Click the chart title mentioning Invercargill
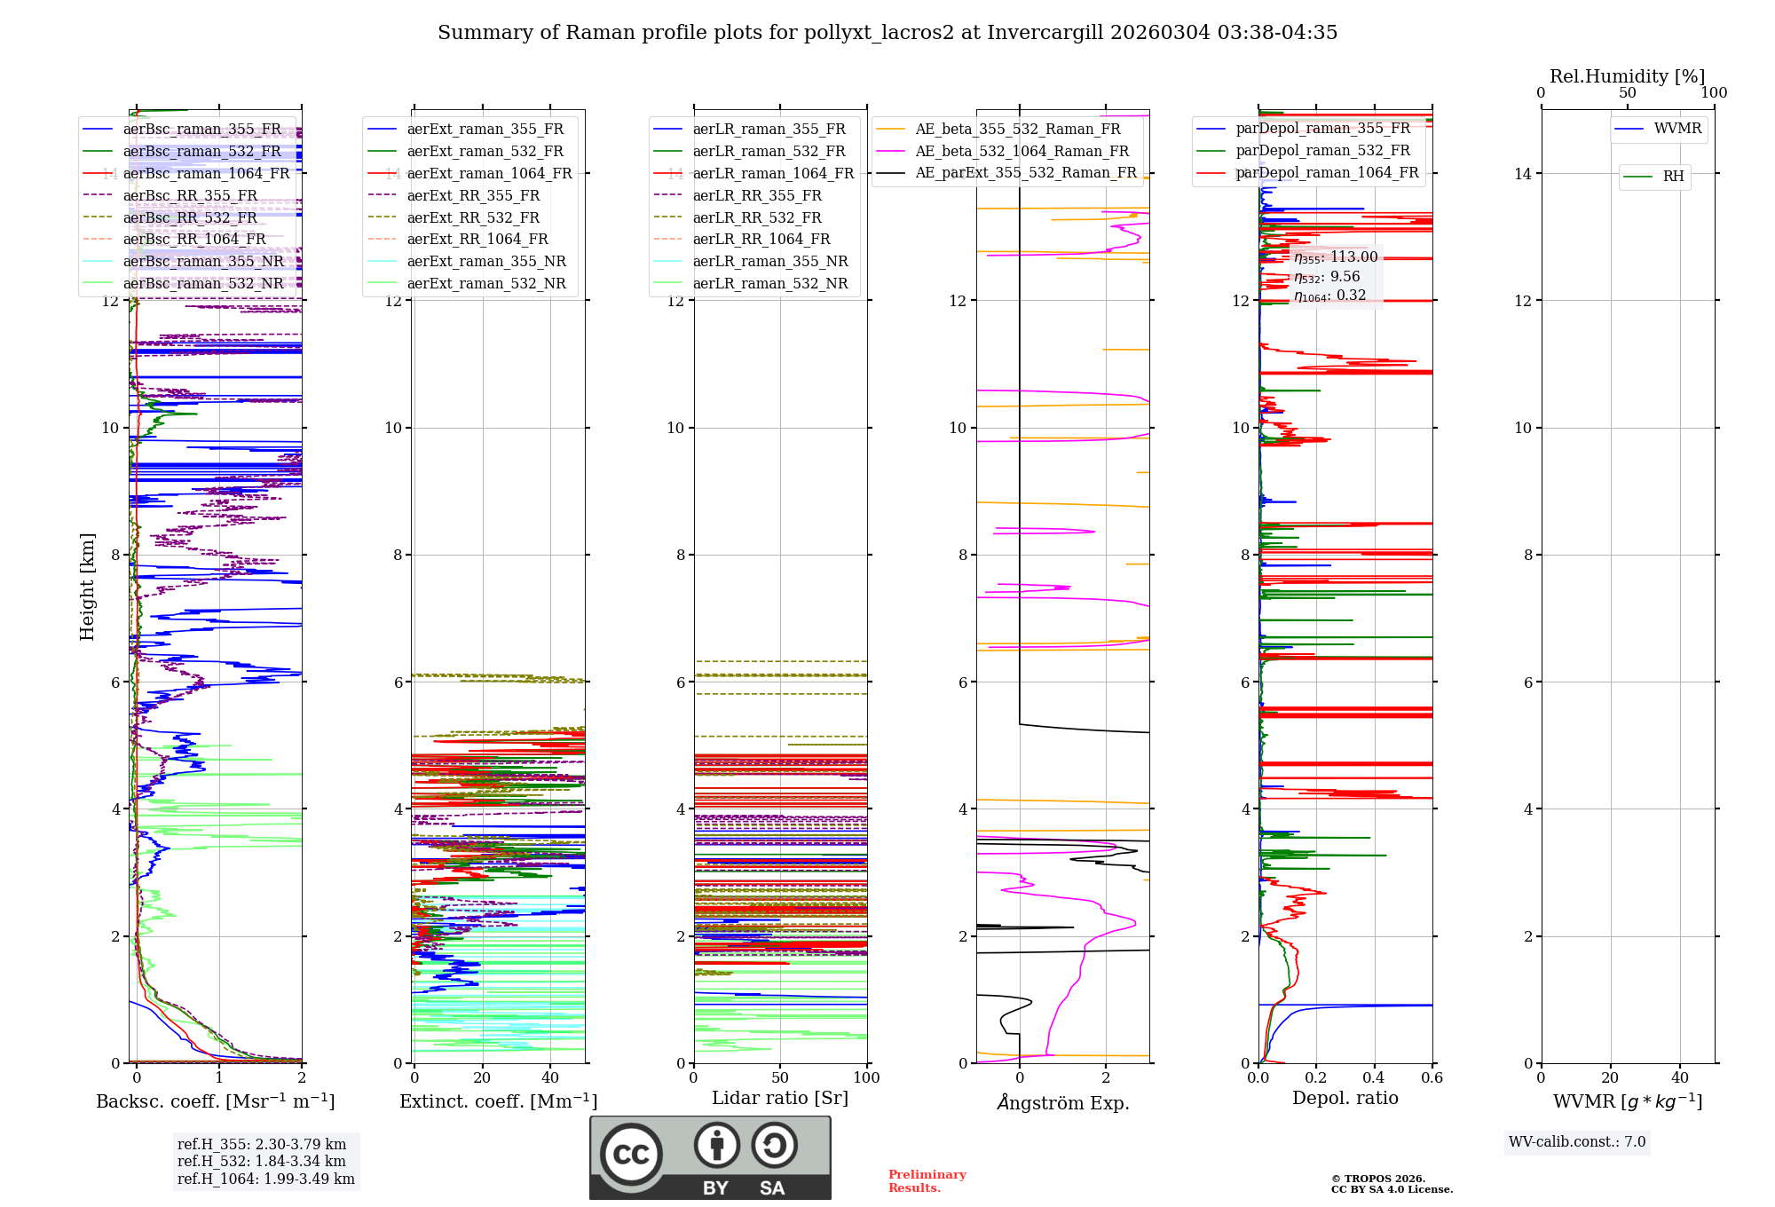click(x=887, y=33)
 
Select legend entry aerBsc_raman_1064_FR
click(x=206, y=174)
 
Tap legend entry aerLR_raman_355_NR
click(x=769, y=262)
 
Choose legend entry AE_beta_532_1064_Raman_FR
click(x=1022, y=152)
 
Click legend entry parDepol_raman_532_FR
click(x=1322, y=151)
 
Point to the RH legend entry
click(x=1673, y=177)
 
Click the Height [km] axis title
click(x=87, y=586)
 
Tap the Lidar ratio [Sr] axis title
click(x=780, y=1098)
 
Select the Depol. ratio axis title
click(x=1345, y=1098)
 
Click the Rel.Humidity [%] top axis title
click(x=1627, y=76)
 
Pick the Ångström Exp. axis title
click(x=1062, y=1102)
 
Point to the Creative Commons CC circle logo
click(x=631, y=1154)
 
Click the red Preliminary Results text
click(x=927, y=1181)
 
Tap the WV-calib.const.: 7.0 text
click(x=1577, y=1142)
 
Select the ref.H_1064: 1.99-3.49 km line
click(x=265, y=1179)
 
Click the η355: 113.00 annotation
click(x=1336, y=257)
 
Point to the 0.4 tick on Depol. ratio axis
click(x=1374, y=1078)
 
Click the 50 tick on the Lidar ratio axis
click(x=780, y=1078)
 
